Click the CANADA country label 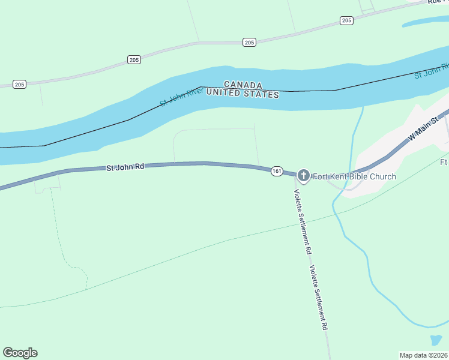(x=243, y=85)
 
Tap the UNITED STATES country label (x=243, y=94)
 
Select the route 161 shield (x=276, y=171)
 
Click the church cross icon (x=304, y=176)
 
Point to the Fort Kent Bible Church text (x=354, y=176)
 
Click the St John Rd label (x=125, y=167)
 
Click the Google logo (x=20, y=353)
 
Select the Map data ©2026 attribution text (x=423, y=355)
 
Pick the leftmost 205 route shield (x=19, y=84)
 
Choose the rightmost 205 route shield (x=346, y=20)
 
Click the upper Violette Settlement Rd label (x=302, y=220)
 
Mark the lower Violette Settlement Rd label (x=318, y=298)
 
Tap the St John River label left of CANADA (x=182, y=96)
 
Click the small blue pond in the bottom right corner (x=436, y=340)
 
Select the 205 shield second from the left (x=134, y=59)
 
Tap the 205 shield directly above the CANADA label (x=250, y=42)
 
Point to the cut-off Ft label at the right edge (x=444, y=162)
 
